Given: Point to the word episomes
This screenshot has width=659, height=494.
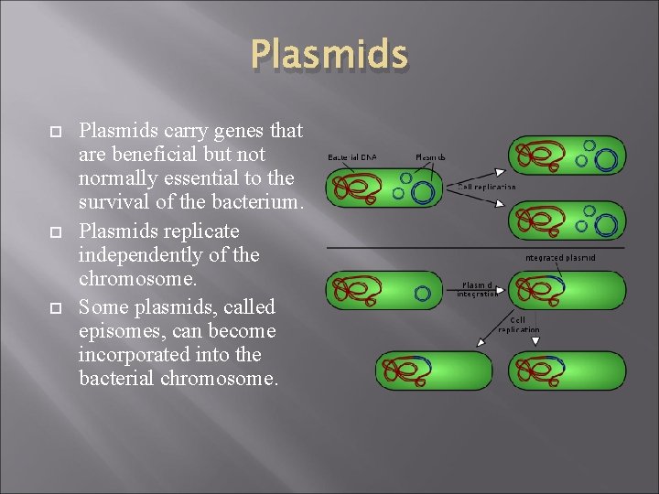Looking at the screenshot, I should tap(121, 330).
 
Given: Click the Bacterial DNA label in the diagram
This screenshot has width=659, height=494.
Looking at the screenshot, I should tap(351, 157).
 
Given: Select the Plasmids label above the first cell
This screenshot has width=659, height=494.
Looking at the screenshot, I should tap(430, 157).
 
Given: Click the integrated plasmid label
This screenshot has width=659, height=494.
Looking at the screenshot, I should tap(561, 258).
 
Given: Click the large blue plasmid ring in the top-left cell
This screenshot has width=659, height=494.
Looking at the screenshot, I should tap(422, 192).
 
